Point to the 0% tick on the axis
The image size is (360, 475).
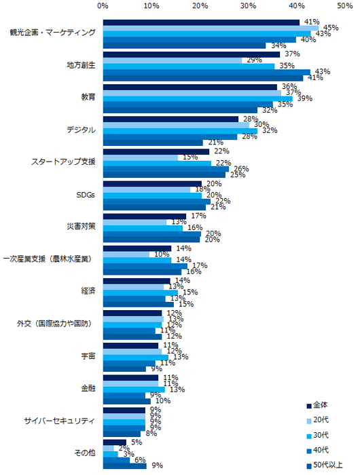click(x=103, y=5)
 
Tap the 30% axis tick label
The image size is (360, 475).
click(x=249, y=5)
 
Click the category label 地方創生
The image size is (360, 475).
click(x=81, y=65)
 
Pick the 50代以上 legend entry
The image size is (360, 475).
click(x=329, y=467)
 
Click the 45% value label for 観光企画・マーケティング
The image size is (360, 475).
click(x=330, y=28)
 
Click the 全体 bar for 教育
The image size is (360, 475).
click(x=190, y=87)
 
